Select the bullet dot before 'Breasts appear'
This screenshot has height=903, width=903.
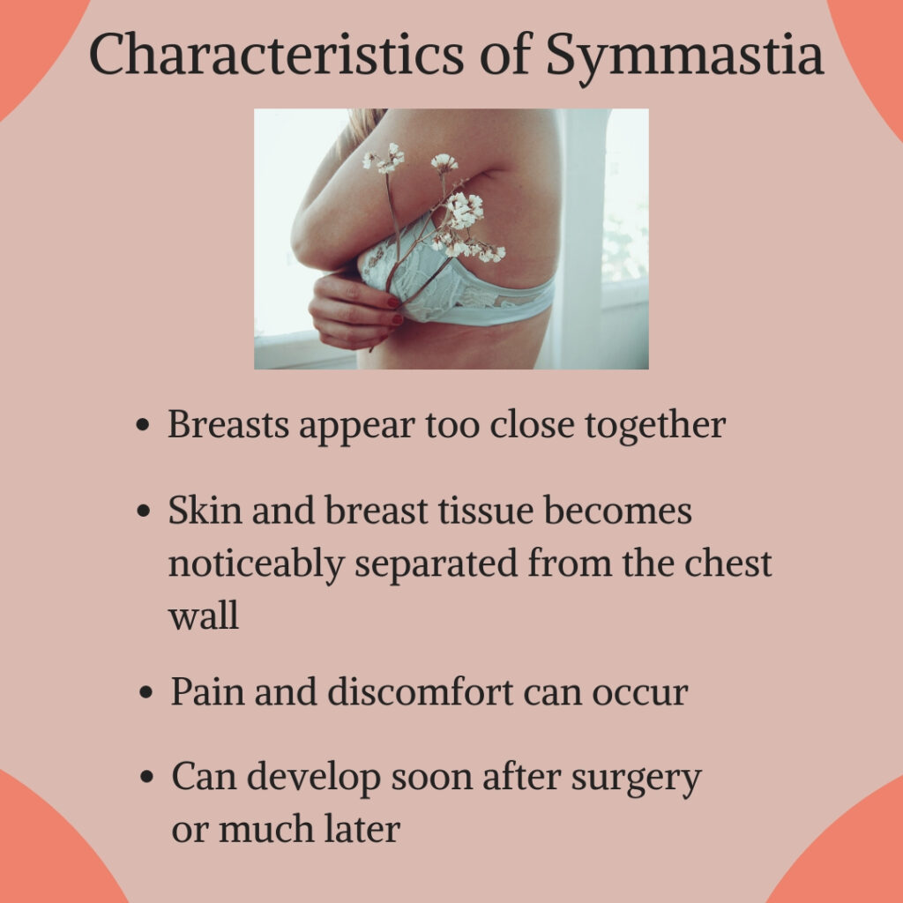[143, 426]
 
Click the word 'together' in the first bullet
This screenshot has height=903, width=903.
[655, 426]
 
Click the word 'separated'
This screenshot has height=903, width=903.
[436, 563]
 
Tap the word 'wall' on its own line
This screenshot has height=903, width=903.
[204, 615]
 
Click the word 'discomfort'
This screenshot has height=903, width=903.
[421, 691]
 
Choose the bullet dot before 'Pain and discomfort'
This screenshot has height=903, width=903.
[146, 692]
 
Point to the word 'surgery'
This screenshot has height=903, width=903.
[636, 779]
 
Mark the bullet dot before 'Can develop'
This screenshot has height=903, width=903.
[147, 777]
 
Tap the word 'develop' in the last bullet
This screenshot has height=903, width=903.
[314, 779]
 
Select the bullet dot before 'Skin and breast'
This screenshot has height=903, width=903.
[144, 511]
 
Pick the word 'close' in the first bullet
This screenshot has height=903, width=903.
[532, 425]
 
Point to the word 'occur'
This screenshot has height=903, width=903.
[640, 693]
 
